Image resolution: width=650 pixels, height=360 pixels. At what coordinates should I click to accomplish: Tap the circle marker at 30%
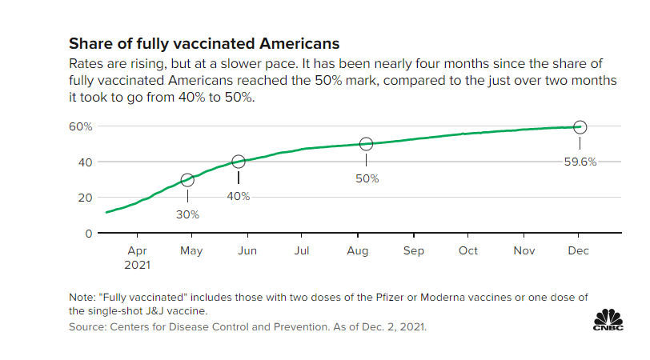pyautogui.click(x=187, y=180)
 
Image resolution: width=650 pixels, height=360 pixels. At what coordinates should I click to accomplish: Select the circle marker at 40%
pyautogui.click(x=239, y=162)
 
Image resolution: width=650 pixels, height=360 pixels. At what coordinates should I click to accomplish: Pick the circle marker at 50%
pyautogui.click(x=367, y=144)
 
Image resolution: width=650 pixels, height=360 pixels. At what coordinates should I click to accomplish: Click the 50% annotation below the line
pyautogui.click(x=367, y=178)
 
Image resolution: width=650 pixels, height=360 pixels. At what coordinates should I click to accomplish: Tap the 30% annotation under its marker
pyautogui.click(x=187, y=214)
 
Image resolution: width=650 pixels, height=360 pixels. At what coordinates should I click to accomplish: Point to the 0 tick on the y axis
pyautogui.click(x=90, y=233)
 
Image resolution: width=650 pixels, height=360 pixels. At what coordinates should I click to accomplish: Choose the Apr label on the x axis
pyautogui.click(x=138, y=250)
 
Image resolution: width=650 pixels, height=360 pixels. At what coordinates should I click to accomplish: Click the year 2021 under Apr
pyautogui.click(x=138, y=263)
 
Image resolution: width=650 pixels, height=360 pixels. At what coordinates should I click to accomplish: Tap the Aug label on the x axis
pyautogui.click(x=358, y=250)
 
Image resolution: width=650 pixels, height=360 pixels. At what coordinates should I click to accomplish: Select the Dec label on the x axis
pyautogui.click(x=578, y=250)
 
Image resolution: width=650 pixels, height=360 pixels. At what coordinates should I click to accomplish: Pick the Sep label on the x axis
pyautogui.click(x=413, y=250)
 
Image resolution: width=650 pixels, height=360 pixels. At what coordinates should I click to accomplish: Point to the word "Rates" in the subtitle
pyautogui.click(x=86, y=63)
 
